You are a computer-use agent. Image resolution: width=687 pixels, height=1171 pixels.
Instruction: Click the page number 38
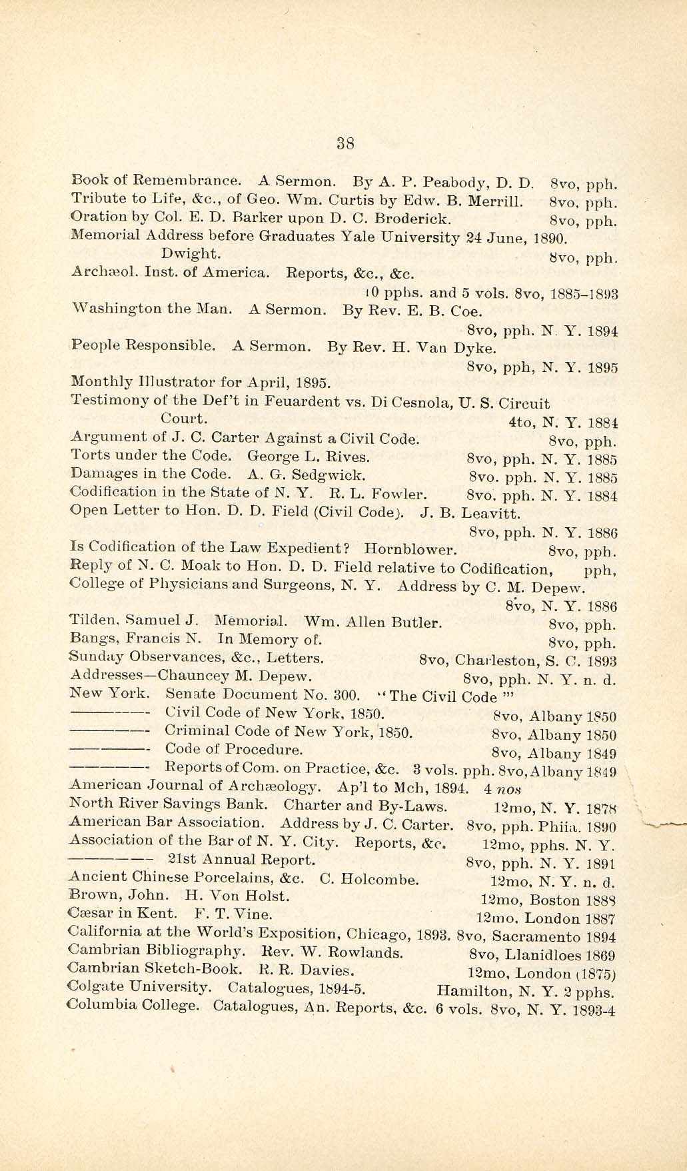[344, 143]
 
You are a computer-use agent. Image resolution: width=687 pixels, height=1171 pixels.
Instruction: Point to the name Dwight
[191, 253]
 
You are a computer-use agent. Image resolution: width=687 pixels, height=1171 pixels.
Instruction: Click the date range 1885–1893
[584, 293]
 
